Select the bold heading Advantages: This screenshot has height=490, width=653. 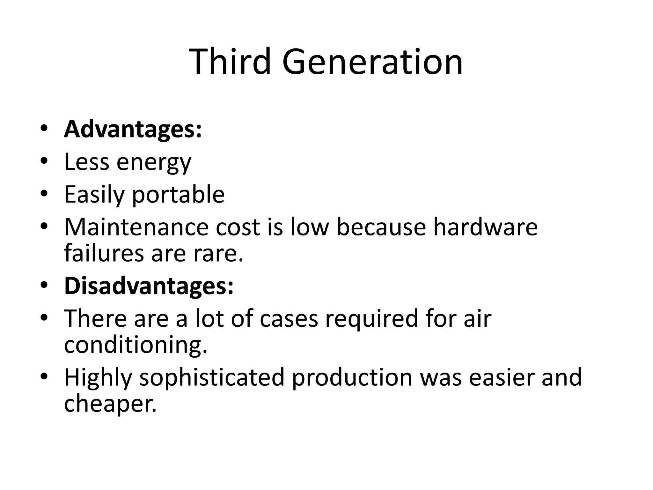[x=133, y=130]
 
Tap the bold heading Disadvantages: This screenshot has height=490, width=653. [x=149, y=286]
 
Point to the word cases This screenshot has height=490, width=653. [x=289, y=318]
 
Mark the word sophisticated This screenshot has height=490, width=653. [x=211, y=377]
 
